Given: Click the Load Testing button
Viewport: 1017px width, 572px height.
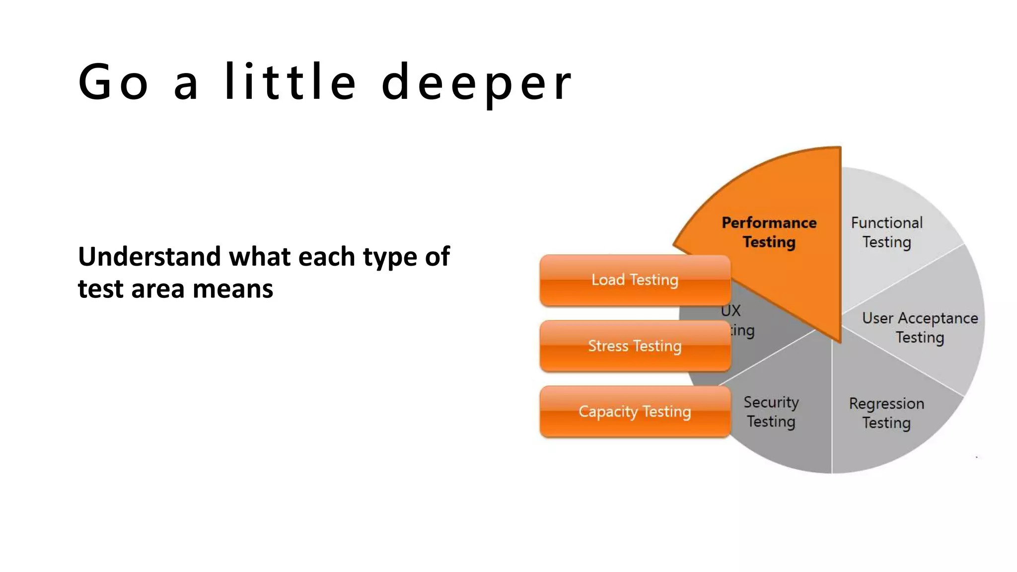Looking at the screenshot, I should [635, 280].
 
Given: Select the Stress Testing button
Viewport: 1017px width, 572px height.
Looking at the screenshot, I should [635, 346].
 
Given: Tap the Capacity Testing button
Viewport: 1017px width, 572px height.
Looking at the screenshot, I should [635, 412].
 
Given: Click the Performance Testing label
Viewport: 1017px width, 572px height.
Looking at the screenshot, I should [769, 232].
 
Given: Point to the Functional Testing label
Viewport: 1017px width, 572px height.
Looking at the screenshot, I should [887, 232].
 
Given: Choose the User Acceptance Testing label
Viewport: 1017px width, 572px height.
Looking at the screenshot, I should [920, 327].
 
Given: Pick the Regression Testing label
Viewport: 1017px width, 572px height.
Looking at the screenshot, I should [886, 413].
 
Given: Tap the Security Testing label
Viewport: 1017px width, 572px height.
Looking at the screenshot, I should [771, 411].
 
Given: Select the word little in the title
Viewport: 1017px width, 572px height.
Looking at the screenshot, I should [290, 81].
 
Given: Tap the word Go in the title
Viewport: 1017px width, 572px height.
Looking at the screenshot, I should [113, 82].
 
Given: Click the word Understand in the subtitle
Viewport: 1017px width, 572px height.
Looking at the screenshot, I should [149, 257].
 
